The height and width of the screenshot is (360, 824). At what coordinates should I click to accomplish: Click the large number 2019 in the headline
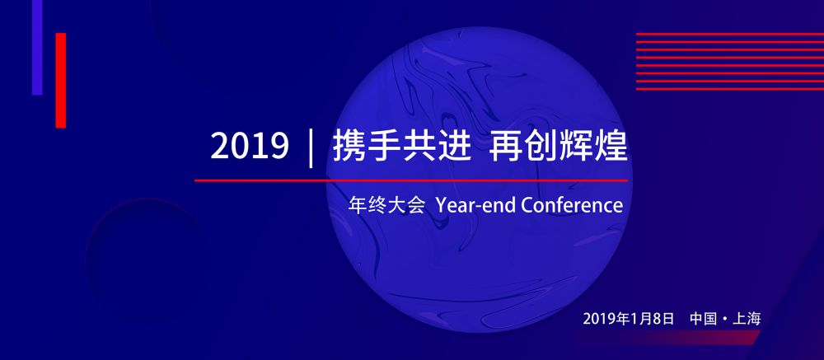pyautogui.click(x=250, y=146)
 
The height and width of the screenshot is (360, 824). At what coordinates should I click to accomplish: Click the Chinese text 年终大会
pyautogui.click(x=386, y=204)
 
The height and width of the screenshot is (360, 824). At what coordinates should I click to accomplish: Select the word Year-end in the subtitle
pyautogui.click(x=475, y=205)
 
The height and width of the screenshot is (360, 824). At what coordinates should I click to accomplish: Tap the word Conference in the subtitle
pyautogui.click(x=572, y=205)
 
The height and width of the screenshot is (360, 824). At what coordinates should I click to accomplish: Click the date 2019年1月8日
pyautogui.click(x=629, y=319)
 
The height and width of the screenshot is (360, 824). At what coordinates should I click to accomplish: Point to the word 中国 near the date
pyautogui.click(x=704, y=319)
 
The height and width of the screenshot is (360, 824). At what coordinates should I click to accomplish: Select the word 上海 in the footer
pyautogui.click(x=747, y=319)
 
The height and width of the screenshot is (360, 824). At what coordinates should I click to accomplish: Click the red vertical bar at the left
pyautogui.click(x=60, y=81)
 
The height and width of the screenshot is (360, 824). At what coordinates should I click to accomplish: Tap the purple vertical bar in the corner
pyautogui.click(x=37, y=47)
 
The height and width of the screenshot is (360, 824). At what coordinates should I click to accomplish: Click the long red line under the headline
pyautogui.click(x=411, y=180)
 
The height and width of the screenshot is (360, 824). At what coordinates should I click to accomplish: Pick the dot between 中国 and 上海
pyautogui.click(x=725, y=319)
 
